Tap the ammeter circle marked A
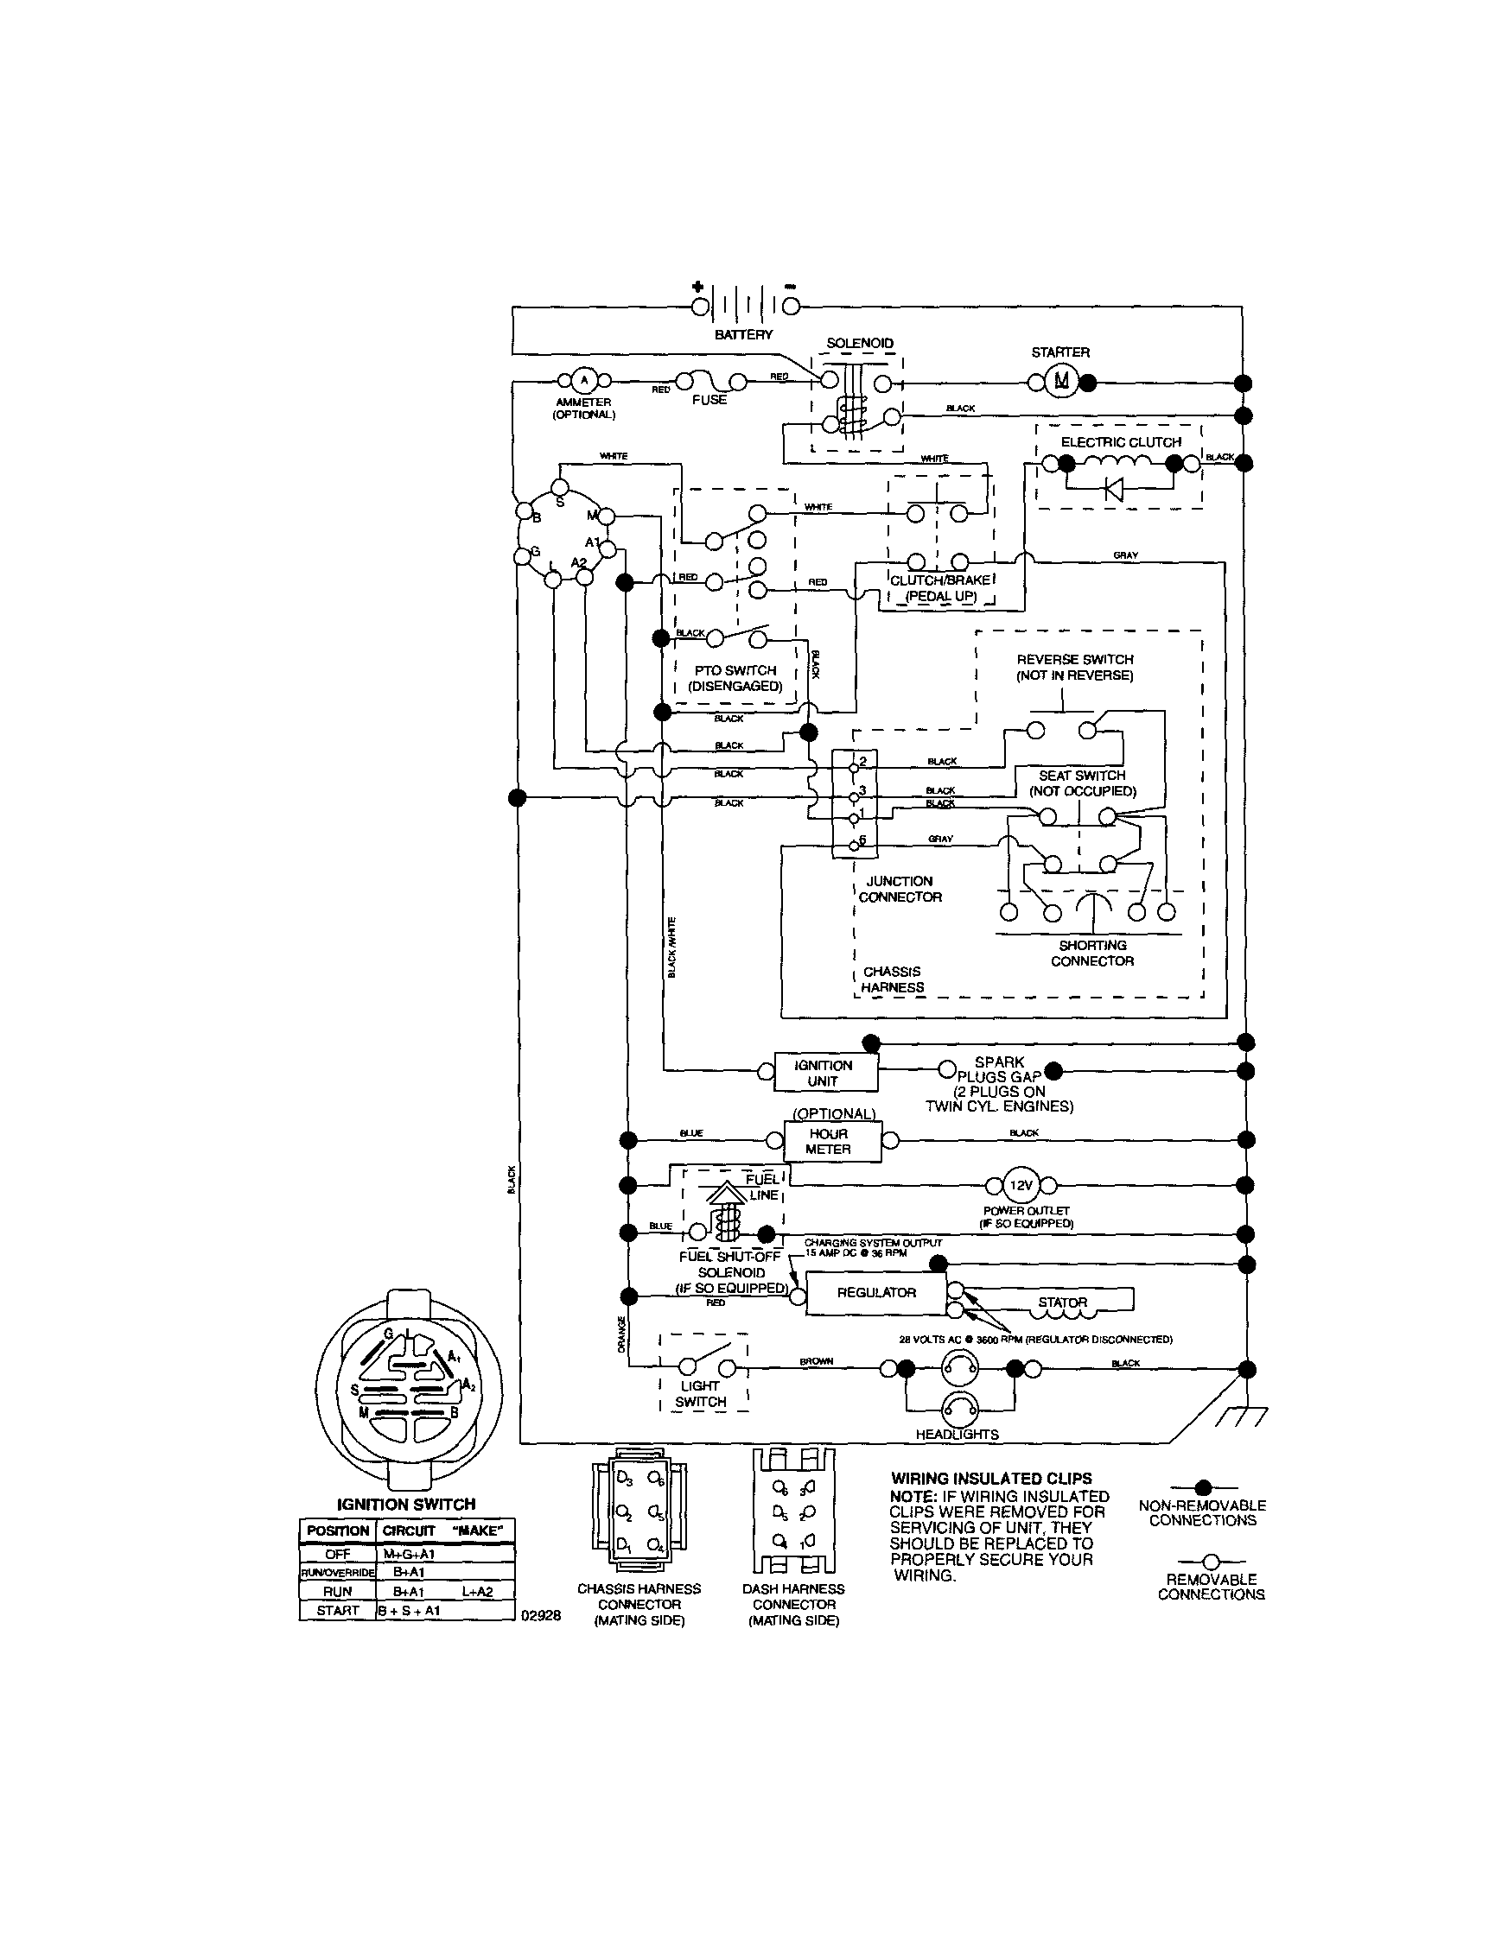click(582, 381)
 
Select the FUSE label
click(709, 400)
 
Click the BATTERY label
click(743, 334)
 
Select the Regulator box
click(875, 1292)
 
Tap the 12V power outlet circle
click(1021, 1185)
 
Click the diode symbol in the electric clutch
click(1115, 489)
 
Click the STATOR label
click(1062, 1302)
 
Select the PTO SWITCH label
click(735, 670)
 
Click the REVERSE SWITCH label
click(1074, 659)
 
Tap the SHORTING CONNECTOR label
click(1091, 954)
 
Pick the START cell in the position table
click(337, 1610)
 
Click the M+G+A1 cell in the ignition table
click(408, 1553)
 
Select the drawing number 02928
click(540, 1614)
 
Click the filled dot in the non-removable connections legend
click(1202, 1487)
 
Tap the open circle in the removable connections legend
click(1211, 1562)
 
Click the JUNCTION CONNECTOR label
click(900, 889)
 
